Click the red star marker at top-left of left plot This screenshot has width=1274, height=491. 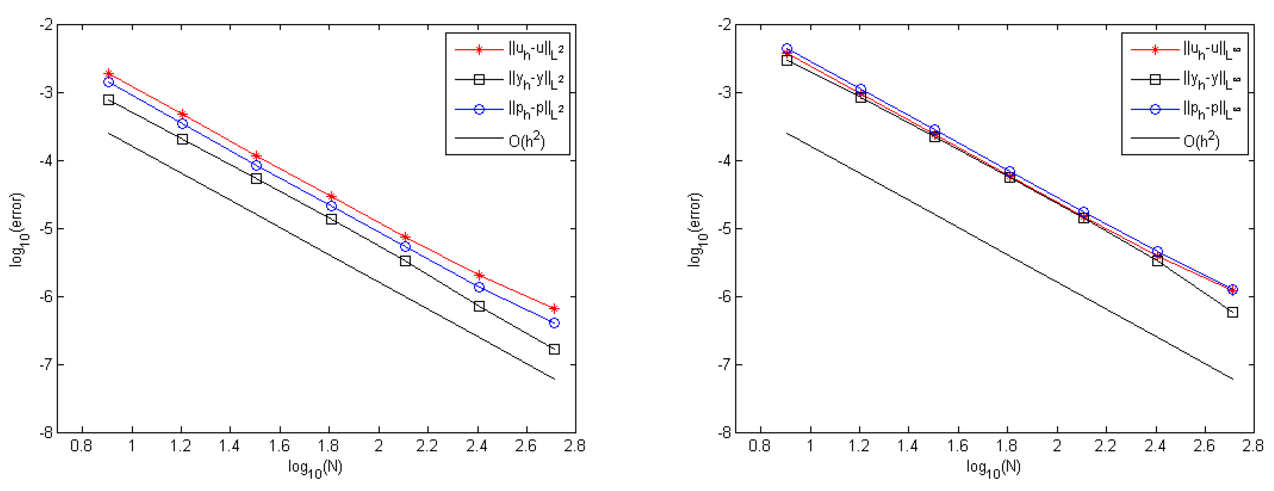109,74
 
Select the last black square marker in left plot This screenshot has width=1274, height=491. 554,349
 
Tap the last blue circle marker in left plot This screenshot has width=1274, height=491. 554,323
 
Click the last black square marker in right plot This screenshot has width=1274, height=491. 1232,313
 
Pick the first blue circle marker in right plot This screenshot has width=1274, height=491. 787,49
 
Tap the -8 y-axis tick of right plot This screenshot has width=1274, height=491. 724,432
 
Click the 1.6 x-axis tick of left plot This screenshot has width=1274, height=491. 279,447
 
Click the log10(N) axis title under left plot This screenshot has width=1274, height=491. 316,468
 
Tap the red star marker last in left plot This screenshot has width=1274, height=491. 554,308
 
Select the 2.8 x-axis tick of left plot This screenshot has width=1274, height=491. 575,447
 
